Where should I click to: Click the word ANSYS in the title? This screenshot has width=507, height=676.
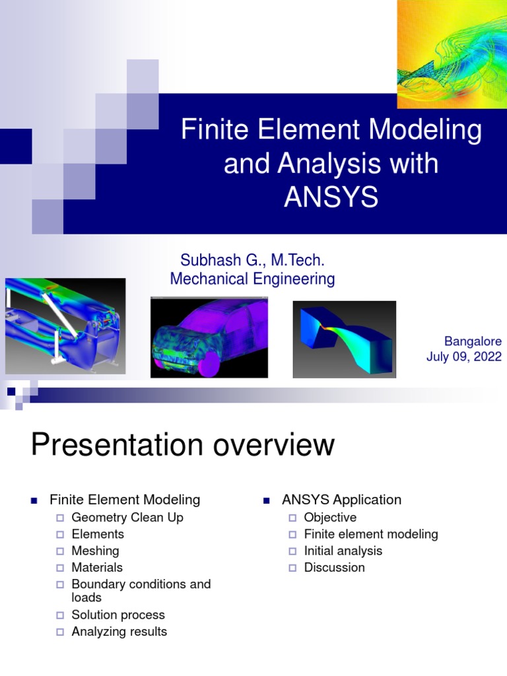331,197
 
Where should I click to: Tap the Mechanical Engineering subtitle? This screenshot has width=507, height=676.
252,279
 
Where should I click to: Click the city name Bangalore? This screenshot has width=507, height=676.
473,341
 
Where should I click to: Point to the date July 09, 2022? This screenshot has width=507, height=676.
463,357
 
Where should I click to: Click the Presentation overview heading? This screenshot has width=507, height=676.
183,446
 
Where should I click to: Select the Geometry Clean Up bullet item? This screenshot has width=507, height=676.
127,518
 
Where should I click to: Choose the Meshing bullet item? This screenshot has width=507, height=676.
95,551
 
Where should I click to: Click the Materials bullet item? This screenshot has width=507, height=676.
97,567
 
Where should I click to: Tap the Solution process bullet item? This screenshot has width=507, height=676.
118,615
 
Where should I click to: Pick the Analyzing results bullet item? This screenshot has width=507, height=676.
119,632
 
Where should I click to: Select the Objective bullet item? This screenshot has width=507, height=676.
330,518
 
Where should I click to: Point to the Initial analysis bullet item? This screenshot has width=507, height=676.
343,551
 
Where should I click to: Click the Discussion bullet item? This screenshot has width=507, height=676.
334,567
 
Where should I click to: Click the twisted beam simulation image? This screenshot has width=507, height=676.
345,339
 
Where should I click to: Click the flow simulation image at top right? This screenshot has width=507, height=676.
452,54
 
